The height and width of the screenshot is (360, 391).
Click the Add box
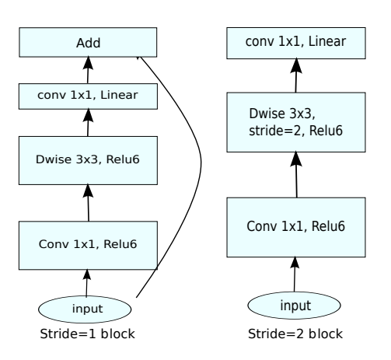point(88,42)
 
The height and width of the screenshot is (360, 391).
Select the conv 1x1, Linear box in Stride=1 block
point(88,96)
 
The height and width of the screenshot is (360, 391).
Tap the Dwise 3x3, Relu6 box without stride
point(88,160)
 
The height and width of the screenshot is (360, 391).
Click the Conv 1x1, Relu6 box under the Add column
point(88,246)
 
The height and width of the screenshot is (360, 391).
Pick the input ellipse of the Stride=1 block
point(85,309)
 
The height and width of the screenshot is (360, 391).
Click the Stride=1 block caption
point(88,334)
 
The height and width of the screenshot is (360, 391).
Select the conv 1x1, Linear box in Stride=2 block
point(296,43)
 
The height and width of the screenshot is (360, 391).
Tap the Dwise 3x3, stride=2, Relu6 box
point(296,122)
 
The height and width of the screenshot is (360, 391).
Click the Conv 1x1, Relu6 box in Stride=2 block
point(296,227)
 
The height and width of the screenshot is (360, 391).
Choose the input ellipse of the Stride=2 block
point(294,306)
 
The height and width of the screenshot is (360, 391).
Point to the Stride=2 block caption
point(295,334)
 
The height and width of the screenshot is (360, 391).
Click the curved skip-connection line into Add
point(201,163)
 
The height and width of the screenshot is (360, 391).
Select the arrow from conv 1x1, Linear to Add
point(88,70)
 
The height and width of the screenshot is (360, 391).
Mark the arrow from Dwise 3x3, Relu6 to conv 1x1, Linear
point(88,122)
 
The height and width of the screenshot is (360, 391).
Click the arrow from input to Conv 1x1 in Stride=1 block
point(86,283)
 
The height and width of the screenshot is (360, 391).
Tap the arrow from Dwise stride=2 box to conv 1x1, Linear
point(296,75)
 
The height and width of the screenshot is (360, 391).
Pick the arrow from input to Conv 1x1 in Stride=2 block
point(295,274)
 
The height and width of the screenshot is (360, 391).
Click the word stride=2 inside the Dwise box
point(275,131)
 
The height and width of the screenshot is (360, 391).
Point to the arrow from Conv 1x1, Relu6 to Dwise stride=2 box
point(296,175)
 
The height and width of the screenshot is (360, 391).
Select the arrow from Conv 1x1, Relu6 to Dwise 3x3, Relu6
point(88,203)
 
